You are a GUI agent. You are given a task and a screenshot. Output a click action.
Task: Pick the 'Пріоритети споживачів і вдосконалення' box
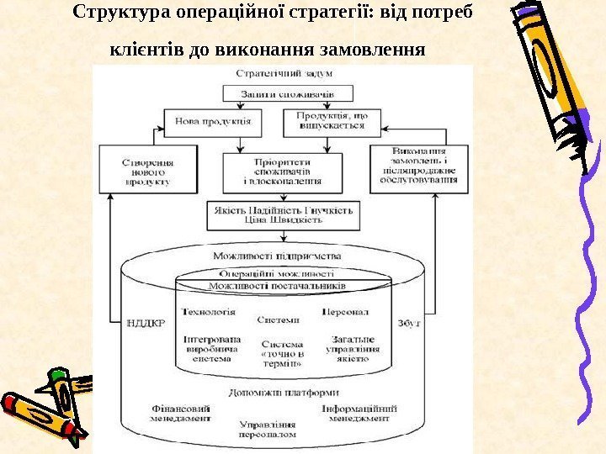[x=281, y=171]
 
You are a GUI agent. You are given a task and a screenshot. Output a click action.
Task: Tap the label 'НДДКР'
[x=146, y=322]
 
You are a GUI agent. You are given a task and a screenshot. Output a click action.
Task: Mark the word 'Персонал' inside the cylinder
[x=345, y=311]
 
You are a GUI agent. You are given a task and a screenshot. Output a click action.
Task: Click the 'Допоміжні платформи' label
[x=283, y=392]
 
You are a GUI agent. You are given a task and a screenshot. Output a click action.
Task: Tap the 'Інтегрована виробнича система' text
[x=211, y=348]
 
